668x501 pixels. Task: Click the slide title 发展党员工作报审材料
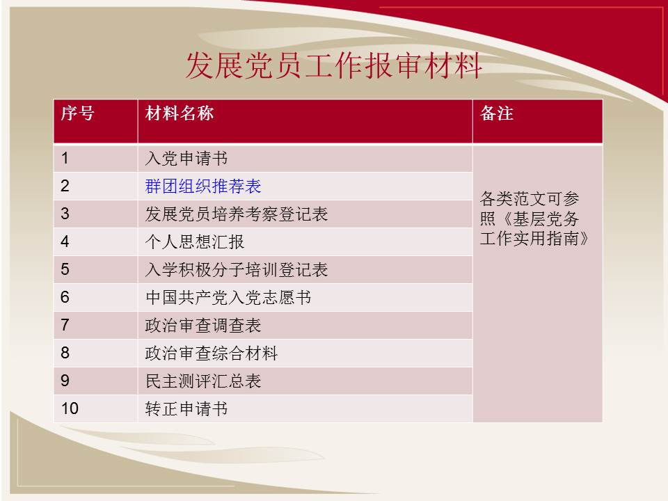(333, 66)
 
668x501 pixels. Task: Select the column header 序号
(77, 113)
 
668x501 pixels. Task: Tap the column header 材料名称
(180, 113)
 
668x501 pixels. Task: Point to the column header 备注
(497, 113)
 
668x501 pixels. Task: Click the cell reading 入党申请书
(186, 159)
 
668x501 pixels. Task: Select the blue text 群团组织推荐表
(202, 186)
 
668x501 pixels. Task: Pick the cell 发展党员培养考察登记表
(237, 214)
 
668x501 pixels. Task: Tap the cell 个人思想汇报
(195, 242)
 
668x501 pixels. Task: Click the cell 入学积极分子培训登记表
(237, 270)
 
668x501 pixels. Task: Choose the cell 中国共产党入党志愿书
(228, 297)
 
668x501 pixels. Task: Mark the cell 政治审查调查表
(202, 326)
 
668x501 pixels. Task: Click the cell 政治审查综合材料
(212, 353)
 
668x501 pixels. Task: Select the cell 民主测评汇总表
(202, 381)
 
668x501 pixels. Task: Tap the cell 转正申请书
(186, 409)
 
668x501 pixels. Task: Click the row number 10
(70, 408)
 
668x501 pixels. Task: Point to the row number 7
(65, 325)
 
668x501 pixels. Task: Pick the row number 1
(65, 158)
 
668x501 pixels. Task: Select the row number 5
(65, 269)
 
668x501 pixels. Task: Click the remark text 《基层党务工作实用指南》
(534, 229)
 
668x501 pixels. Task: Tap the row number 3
(65, 214)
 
